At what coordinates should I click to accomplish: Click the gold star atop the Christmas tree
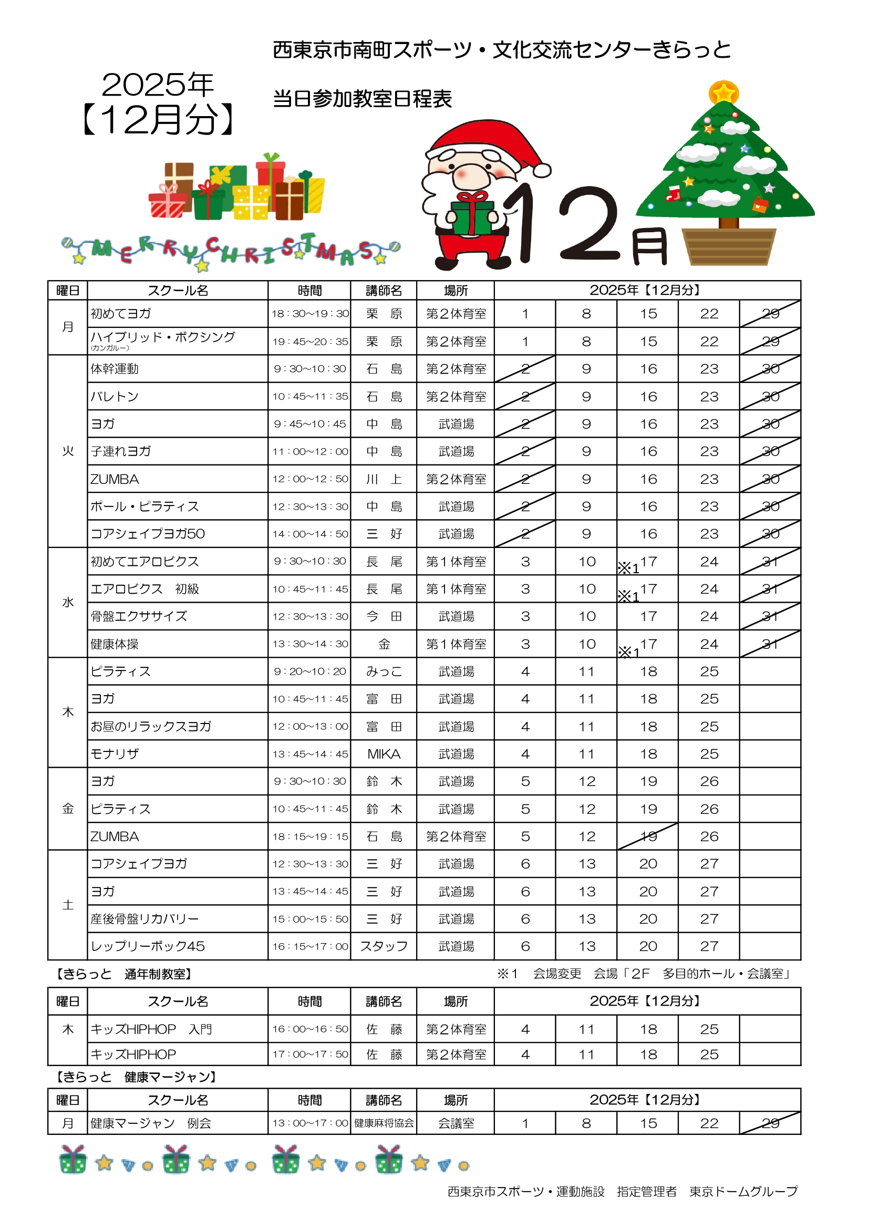point(723,92)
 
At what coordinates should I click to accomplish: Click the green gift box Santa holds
point(471,217)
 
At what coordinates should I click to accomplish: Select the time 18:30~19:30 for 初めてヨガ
point(310,314)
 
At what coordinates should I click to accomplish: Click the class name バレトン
point(115,397)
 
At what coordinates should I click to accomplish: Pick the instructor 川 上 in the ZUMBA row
point(384,479)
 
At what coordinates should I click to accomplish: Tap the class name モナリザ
point(115,753)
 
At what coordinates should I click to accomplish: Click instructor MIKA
point(384,753)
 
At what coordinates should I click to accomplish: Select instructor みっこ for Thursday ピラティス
point(384,671)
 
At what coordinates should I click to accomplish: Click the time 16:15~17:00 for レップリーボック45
point(310,946)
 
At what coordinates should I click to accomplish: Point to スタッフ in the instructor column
point(384,946)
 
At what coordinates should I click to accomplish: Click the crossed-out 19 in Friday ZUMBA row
point(648,836)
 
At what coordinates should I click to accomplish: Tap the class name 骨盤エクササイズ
point(139,616)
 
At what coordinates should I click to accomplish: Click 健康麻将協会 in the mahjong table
point(384,1123)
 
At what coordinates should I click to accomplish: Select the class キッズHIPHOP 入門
point(151,1029)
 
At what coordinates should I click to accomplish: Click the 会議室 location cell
point(456,1123)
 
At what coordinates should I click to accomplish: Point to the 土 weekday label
point(68,905)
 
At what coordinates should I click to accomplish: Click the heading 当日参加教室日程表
point(363,99)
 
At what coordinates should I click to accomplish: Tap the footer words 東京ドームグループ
point(743,1191)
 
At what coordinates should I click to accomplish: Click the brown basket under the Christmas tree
point(728,247)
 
